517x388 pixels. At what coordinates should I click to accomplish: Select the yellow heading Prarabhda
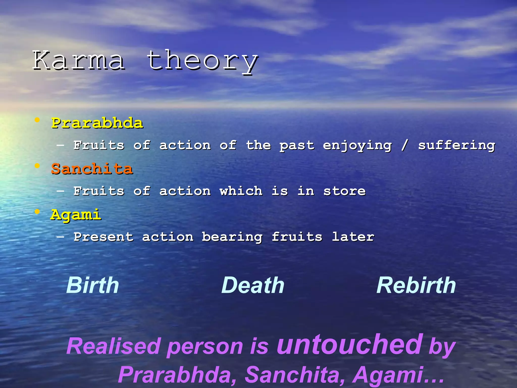(x=97, y=123)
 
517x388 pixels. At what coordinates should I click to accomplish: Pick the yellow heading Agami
(x=76, y=215)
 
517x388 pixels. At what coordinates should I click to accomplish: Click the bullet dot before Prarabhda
(x=37, y=120)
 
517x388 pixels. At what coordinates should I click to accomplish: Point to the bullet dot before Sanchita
(x=37, y=166)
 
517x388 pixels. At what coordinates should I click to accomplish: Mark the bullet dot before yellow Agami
(x=37, y=212)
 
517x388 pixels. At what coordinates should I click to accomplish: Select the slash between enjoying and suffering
(x=405, y=145)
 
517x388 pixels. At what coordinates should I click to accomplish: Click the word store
(x=344, y=191)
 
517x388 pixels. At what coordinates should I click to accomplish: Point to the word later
(x=353, y=237)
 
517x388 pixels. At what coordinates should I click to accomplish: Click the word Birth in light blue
(x=93, y=285)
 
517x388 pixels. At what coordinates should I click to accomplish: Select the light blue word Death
(x=253, y=285)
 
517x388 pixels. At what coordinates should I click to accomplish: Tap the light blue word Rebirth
(x=416, y=285)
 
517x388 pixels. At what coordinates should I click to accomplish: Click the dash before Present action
(x=60, y=237)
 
